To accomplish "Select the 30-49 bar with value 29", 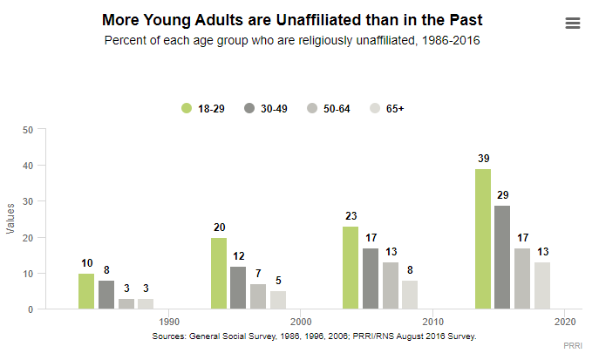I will pyautogui.click(x=502, y=257).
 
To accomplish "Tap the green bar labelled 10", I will pyautogui.click(x=86, y=291).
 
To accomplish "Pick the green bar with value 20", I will pyautogui.click(x=219, y=273).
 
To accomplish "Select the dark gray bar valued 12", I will pyautogui.click(x=238, y=288).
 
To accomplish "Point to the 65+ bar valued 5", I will pyautogui.click(x=278, y=300).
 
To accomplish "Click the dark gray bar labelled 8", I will pyautogui.click(x=106, y=295).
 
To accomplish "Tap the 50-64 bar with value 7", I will pyautogui.click(x=258, y=296).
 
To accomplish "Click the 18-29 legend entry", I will pyautogui.click(x=202, y=108).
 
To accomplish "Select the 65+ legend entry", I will pyautogui.click(x=388, y=108).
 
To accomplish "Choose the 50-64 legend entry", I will pyautogui.click(x=328, y=108).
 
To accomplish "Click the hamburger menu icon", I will pyautogui.click(x=573, y=24).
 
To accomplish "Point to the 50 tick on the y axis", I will pyautogui.click(x=27, y=130).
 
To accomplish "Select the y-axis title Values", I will pyautogui.click(x=10, y=219).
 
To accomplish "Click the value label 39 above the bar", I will pyautogui.click(x=482, y=158).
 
